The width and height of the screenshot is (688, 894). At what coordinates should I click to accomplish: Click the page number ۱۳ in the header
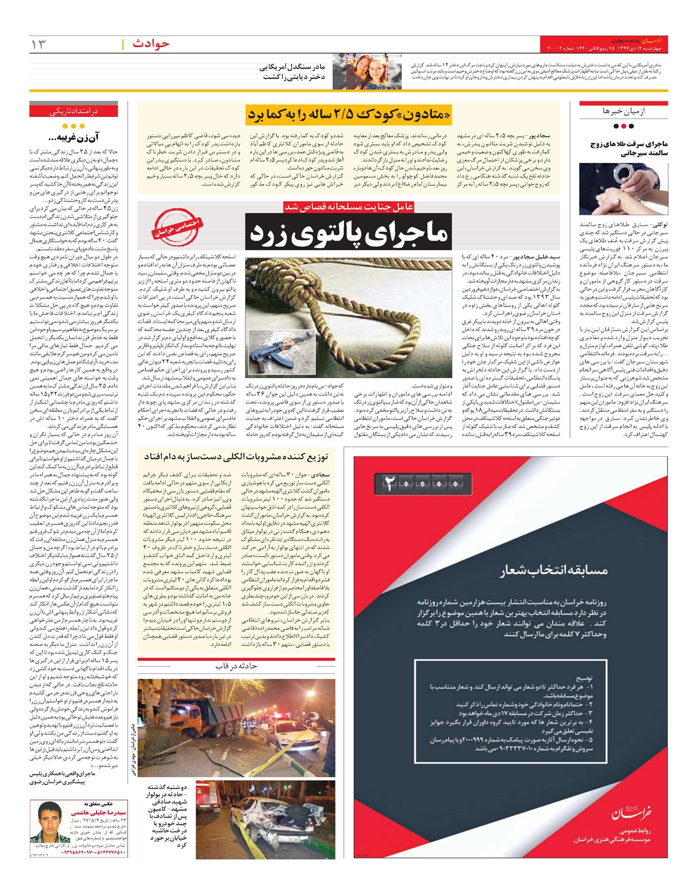tap(38, 44)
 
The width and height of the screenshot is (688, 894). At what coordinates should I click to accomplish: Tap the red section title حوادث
tap(150, 44)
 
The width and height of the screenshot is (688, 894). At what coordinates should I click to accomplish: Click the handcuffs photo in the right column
tap(623, 189)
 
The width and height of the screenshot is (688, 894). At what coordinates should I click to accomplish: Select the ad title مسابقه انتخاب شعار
tap(553, 570)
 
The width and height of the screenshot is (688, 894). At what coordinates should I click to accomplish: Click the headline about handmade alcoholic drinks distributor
tap(236, 456)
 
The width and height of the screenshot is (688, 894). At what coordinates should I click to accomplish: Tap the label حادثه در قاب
tap(236, 666)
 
